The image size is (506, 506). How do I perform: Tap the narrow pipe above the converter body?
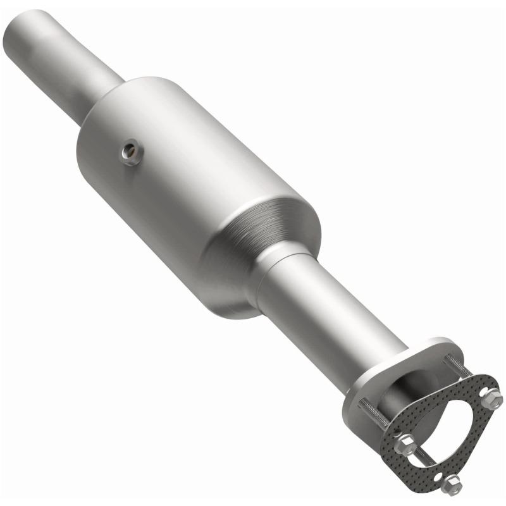coord(70,63)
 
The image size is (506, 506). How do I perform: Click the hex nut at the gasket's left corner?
coord(405,445)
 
